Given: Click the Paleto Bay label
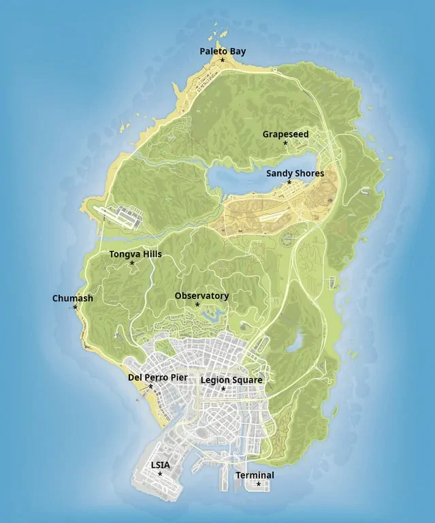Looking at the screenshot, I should point(223,51).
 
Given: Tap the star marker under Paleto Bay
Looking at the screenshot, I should point(223,61).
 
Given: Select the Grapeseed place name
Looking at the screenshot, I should point(285,134).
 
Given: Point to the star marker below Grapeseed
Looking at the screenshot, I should point(285,144).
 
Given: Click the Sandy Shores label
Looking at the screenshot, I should point(295,174).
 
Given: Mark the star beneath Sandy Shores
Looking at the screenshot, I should point(289,183).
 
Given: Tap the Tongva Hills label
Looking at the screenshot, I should point(135,254).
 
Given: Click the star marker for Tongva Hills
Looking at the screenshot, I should point(132,264).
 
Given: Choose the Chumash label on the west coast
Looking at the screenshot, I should point(72,298).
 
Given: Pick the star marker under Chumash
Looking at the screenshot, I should point(75,307).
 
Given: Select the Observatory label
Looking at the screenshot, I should point(202,296).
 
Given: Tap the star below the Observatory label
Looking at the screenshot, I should point(197,304).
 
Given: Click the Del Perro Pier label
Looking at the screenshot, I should point(157,377).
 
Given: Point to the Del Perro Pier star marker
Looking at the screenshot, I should point(150,387).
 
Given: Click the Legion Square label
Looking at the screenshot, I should point(231,380).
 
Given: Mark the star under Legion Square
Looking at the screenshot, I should point(223,390).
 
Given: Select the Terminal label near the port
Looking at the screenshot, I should point(255,475).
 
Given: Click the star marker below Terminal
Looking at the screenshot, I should point(258,484).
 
